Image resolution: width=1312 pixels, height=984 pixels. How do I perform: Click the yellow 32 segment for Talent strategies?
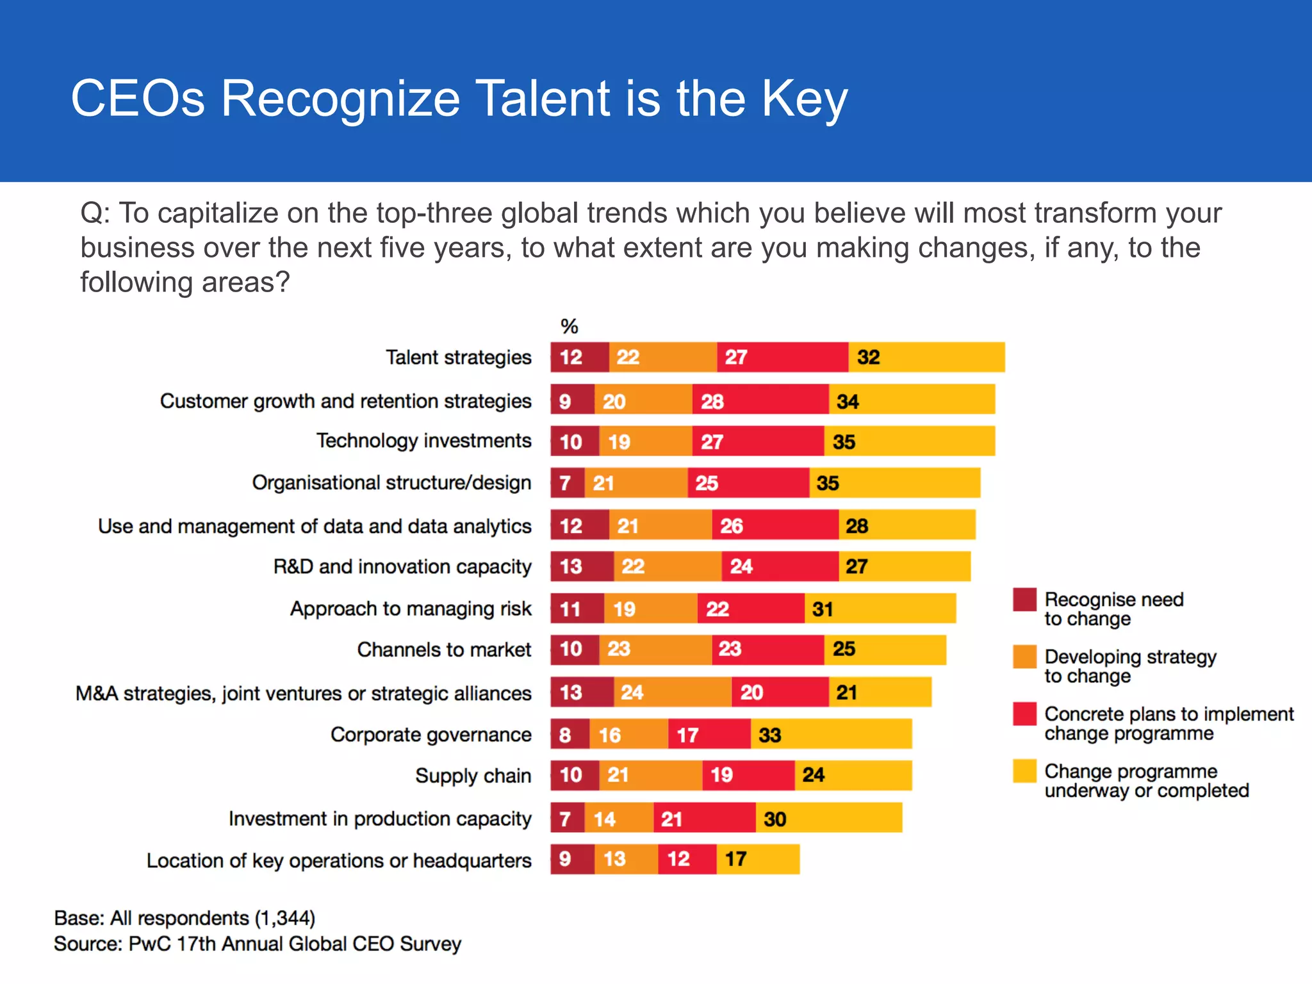[x=926, y=357]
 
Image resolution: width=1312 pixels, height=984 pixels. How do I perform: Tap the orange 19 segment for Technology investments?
[x=645, y=441]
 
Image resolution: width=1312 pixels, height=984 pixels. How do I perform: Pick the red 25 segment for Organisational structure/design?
[x=748, y=483]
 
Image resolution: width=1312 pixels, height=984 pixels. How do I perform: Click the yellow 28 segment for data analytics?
[x=906, y=525]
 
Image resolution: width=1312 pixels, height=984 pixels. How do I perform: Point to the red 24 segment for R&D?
[x=780, y=566]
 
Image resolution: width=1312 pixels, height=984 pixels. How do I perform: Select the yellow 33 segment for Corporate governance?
[x=831, y=734]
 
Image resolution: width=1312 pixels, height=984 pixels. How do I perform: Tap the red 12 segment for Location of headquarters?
[x=687, y=859]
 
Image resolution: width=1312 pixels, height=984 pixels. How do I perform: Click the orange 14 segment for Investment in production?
[x=618, y=818]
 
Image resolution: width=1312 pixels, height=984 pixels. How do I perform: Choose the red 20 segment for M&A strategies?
[x=780, y=692]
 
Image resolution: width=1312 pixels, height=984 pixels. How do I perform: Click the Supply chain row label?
[x=473, y=776]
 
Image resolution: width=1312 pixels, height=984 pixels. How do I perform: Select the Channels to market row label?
[x=444, y=650]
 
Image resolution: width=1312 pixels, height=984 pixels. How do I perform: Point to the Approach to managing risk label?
[x=411, y=609]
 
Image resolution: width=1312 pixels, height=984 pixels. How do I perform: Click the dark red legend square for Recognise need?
[x=1024, y=600]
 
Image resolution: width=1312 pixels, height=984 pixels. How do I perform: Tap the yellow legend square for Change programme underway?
[x=1024, y=771]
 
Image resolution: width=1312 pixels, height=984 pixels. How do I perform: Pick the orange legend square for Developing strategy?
[x=1024, y=657]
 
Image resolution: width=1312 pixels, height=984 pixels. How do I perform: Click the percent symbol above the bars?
[x=569, y=327]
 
